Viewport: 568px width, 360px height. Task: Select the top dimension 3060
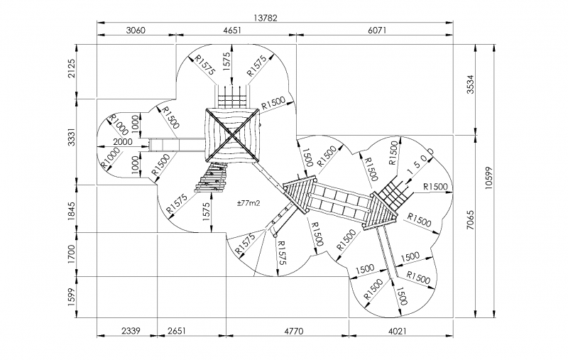click(x=135, y=30)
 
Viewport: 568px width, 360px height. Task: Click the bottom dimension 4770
click(x=288, y=330)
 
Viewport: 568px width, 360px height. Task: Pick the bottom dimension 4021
click(x=397, y=330)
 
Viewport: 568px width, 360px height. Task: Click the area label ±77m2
click(x=248, y=203)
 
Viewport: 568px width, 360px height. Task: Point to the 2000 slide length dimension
click(x=123, y=141)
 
